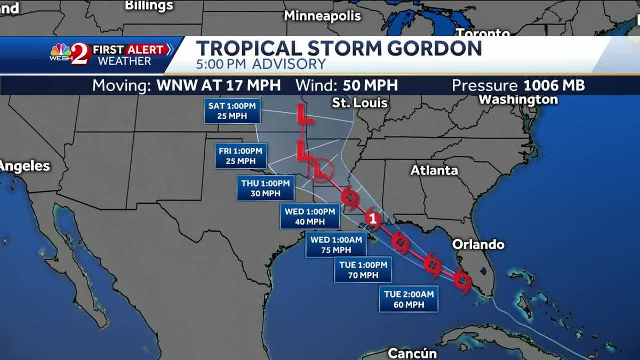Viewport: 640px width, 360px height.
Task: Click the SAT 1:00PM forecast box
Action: pyautogui.click(x=231, y=110)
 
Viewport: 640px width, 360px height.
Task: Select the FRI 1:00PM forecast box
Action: pyautogui.click(x=241, y=156)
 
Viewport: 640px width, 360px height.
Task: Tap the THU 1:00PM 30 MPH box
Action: pyautogui.click(x=265, y=188)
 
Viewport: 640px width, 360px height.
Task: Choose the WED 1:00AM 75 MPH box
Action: pyautogui.click(x=335, y=245)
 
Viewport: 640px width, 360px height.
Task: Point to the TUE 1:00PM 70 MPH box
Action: pyautogui.click(x=363, y=270)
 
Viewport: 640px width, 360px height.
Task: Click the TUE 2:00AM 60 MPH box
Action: pyautogui.click(x=409, y=299)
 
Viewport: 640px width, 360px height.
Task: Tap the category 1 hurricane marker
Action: pyautogui.click(x=373, y=219)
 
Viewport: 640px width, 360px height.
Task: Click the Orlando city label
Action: pyautogui.click(x=478, y=244)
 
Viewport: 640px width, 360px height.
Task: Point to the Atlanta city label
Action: pyautogui.click(x=434, y=171)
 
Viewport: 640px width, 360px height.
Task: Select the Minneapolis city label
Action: pyautogui.click(x=322, y=16)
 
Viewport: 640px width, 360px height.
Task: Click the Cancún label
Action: pyautogui.click(x=412, y=353)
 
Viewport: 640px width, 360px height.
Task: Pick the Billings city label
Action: pyautogui.click(x=149, y=6)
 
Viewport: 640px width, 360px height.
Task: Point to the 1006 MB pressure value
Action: pyautogui.click(x=554, y=85)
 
